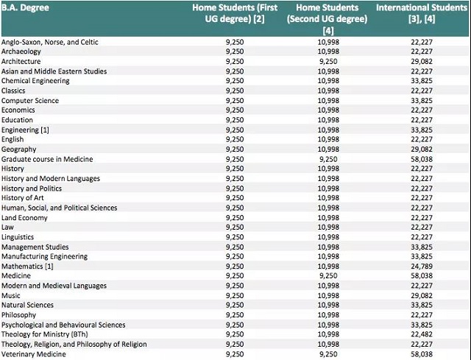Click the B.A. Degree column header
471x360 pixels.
pos(25,8)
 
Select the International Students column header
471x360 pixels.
pos(422,13)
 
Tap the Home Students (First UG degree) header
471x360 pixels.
pos(235,13)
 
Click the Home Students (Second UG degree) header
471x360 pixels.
pos(327,19)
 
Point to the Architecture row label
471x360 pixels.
pos(21,61)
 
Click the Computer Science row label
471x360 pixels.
pos(30,100)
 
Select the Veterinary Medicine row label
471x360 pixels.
pos(34,354)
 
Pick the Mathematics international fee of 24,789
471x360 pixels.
pos(422,267)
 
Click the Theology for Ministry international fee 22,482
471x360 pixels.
pos(422,334)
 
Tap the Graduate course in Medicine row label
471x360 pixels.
pos(47,159)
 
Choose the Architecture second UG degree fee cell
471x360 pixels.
pos(328,61)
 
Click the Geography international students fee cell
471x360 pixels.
pos(422,149)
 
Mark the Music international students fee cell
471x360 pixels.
pos(422,295)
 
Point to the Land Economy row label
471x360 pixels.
pos(24,218)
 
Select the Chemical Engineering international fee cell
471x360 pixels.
pos(422,81)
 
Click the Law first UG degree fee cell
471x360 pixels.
pos(235,227)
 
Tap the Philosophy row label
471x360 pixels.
pos(18,315)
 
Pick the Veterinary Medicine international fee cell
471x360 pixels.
pos(422,354)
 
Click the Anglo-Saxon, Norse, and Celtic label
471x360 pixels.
pos(50,42)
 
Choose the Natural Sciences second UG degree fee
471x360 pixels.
pos(328,305)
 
